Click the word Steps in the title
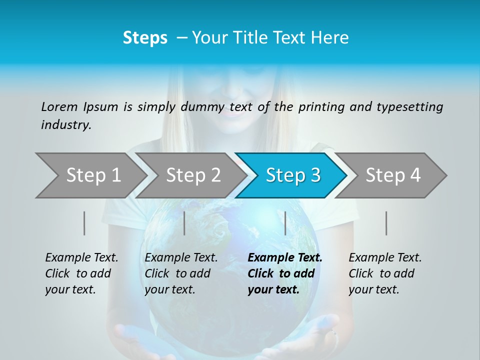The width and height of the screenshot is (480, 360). tap(145, 38)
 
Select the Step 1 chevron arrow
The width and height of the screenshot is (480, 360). tap(90, 175)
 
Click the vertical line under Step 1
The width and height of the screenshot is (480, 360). tap(84, 223)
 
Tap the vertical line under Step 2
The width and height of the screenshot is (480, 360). tap(184, 223)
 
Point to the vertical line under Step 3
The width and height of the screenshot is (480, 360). tap(285, 223)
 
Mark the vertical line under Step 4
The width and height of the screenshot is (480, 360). tap(386, 223)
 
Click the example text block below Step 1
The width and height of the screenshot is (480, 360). tap(81, 273)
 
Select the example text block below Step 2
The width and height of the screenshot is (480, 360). tap(181, 273)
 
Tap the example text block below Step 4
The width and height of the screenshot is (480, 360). tap(385, 273)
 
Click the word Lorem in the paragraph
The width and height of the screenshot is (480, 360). tap(59, 106)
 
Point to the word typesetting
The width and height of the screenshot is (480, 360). tap(409, 107)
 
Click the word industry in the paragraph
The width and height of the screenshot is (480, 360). tap(66, 125)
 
